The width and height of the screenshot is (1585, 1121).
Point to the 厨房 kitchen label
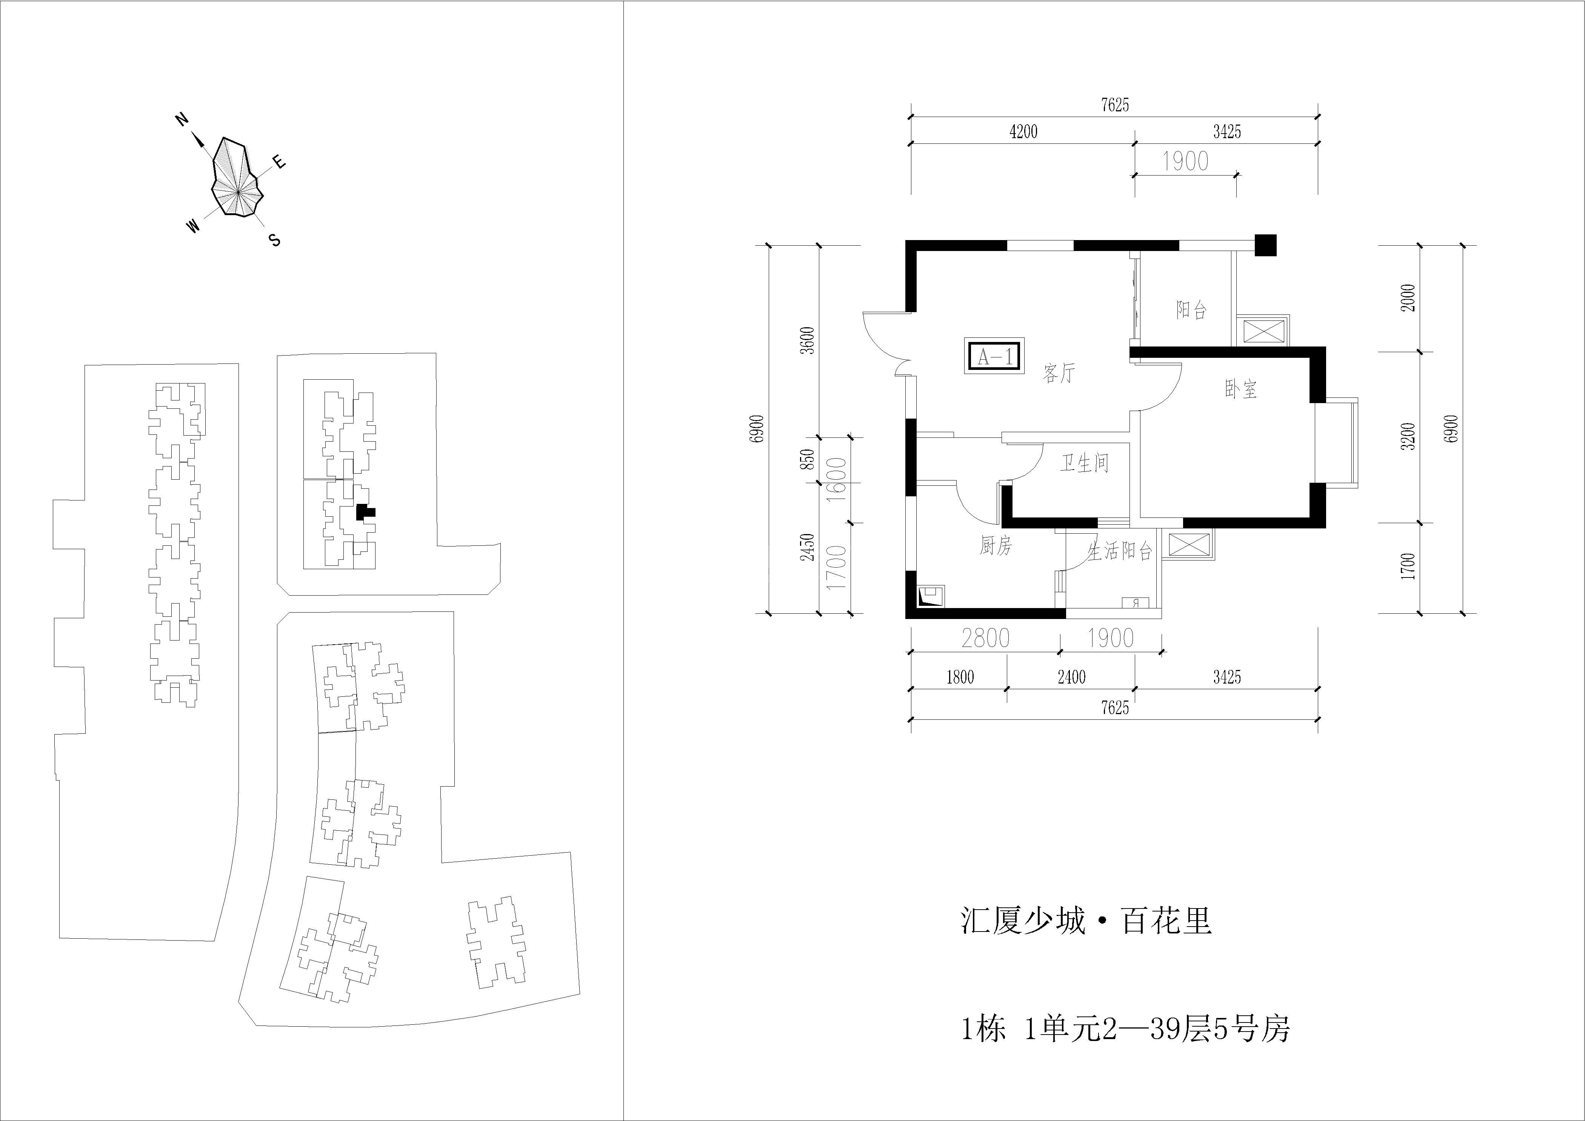996,547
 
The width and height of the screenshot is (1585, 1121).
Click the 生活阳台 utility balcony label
1120,551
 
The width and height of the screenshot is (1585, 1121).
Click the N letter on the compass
182,120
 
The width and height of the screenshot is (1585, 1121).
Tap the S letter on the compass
275,240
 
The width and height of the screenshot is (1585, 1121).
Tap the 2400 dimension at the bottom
1071,677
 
